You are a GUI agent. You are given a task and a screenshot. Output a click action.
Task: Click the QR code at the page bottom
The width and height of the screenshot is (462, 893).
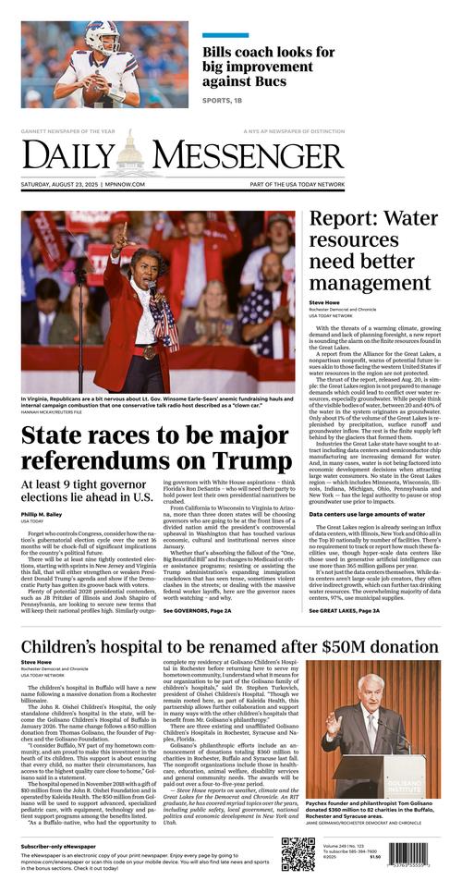click(x=298, y=854)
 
